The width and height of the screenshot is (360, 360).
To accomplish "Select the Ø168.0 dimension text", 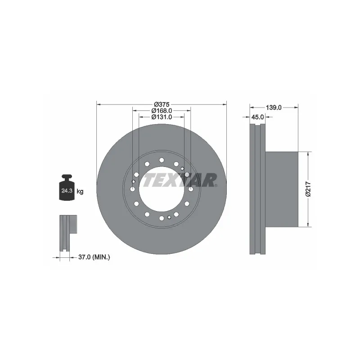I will pos(162,111).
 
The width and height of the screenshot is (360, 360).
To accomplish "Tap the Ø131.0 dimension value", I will pos(162,117).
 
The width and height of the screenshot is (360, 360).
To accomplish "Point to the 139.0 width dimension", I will pos(274,108).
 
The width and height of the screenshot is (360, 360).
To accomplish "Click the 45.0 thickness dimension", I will pos(257,117).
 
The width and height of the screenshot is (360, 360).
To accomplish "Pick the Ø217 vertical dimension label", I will pos(308,189).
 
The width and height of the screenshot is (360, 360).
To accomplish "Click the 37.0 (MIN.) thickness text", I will pos(94,257).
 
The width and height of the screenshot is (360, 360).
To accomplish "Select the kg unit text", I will pos(80,192).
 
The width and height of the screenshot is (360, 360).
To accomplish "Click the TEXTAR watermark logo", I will pos(180,180).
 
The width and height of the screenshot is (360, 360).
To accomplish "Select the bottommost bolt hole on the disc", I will pos(162,218).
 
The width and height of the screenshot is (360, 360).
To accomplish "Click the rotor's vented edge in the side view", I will pos(257,189).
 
